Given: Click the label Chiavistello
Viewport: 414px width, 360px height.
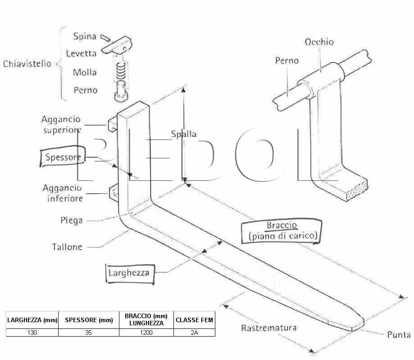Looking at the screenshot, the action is point(27,64).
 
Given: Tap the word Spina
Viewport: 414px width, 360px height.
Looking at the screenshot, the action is point(85,36).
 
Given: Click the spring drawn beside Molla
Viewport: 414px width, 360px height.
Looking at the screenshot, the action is point(121,71).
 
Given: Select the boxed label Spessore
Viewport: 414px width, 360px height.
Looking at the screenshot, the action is point(63,157).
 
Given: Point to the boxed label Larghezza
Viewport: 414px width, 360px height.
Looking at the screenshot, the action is point(130,273).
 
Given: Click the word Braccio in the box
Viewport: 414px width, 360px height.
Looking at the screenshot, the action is point(282,225).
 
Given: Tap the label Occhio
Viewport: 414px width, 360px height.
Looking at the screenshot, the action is point(319,42).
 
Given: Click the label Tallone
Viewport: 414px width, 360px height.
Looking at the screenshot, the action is point(67,247).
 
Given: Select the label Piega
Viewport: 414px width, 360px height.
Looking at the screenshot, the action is point(72,220).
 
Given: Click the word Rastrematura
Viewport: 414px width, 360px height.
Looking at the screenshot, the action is point(269,328).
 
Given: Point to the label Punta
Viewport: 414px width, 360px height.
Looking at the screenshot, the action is point(399,335).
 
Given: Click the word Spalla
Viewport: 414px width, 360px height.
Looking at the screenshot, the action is point(183,134).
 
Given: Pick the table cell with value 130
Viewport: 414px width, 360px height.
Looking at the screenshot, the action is point(32,333).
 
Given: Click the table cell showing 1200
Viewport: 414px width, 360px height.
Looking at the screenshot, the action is point(146,333).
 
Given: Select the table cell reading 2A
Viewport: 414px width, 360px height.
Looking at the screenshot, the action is point(194,333).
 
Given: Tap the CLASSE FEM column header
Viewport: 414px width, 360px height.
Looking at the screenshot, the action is point(194,320).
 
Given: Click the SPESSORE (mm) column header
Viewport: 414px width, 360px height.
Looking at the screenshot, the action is point(89,320).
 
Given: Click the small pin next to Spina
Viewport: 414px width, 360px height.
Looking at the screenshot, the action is point(105,38).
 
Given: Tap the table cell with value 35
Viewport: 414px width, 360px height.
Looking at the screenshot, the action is point(89,333).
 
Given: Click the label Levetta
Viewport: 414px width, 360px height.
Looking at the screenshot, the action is point(81,54).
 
